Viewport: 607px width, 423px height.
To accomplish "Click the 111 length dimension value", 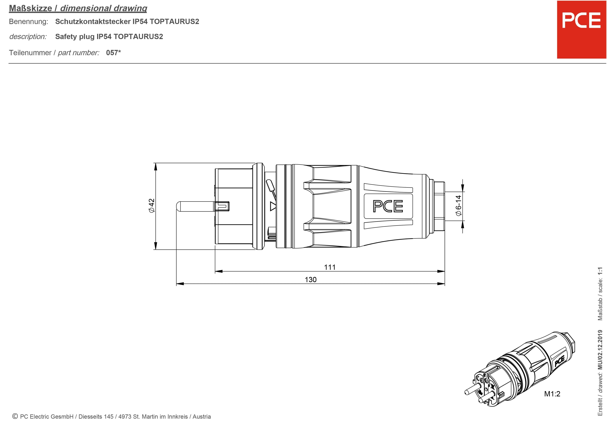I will pyautogui.click(x=330, y=267).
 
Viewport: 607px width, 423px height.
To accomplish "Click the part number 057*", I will pyautogui.click(x=113, y=53).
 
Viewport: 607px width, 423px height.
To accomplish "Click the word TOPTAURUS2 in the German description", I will pyautogui.click(x=174, y=21).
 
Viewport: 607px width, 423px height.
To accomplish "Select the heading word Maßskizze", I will pyautogui.click(x=30, y=8).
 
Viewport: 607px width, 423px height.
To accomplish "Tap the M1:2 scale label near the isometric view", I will pyautogui.click(x=552, y=394).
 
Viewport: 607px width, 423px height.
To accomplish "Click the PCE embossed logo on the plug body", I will pyautogui.click(x=388, y=206).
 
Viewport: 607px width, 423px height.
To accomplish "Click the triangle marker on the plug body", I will pyautogui.click(x=273, y=206).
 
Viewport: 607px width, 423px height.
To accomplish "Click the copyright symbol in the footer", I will pyautogui.click(x=15, y=416).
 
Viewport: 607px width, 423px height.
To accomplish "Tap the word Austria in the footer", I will pyautogui.click(x=202, y=417).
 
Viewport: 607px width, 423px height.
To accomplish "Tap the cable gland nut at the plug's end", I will pyautogui.click(x=439, y=206).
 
